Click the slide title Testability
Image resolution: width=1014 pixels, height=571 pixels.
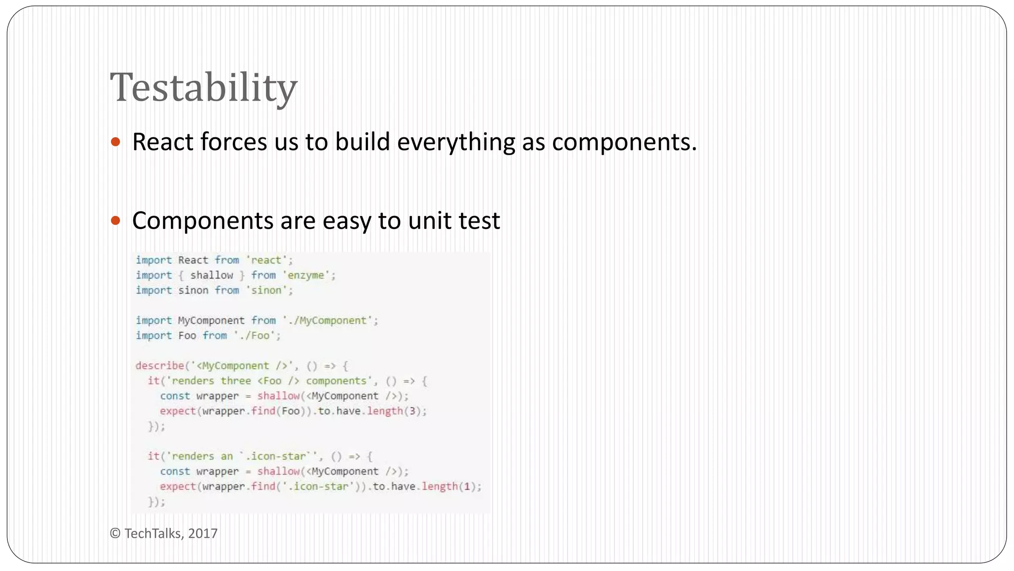[x=203, y=88]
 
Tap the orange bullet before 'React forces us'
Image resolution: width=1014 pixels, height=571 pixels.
[x=116, y=142]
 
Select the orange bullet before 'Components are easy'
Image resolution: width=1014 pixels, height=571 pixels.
[x=116, y=221]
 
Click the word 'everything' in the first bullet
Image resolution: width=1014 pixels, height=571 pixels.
[x=456, y=142]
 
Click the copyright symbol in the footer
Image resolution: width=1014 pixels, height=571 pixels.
[x=115, y=533]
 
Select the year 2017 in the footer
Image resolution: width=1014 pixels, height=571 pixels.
[x=203, y=533]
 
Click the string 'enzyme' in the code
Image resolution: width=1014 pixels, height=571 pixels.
[x=306, y=275]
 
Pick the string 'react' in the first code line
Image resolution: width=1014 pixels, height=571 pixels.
[x=266, y=260]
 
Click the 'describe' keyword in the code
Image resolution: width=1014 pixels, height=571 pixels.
[x=159, y=366]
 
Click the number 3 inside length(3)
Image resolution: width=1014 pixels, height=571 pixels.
[x=412, y=411]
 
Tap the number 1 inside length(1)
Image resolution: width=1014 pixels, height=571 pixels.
[x=466, y=486]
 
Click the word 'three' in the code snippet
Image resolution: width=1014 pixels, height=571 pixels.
[x=236, y=381]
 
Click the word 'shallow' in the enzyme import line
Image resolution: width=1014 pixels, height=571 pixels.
[x=211, y=275]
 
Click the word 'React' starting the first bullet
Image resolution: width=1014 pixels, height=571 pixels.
[x=162, y=142]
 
